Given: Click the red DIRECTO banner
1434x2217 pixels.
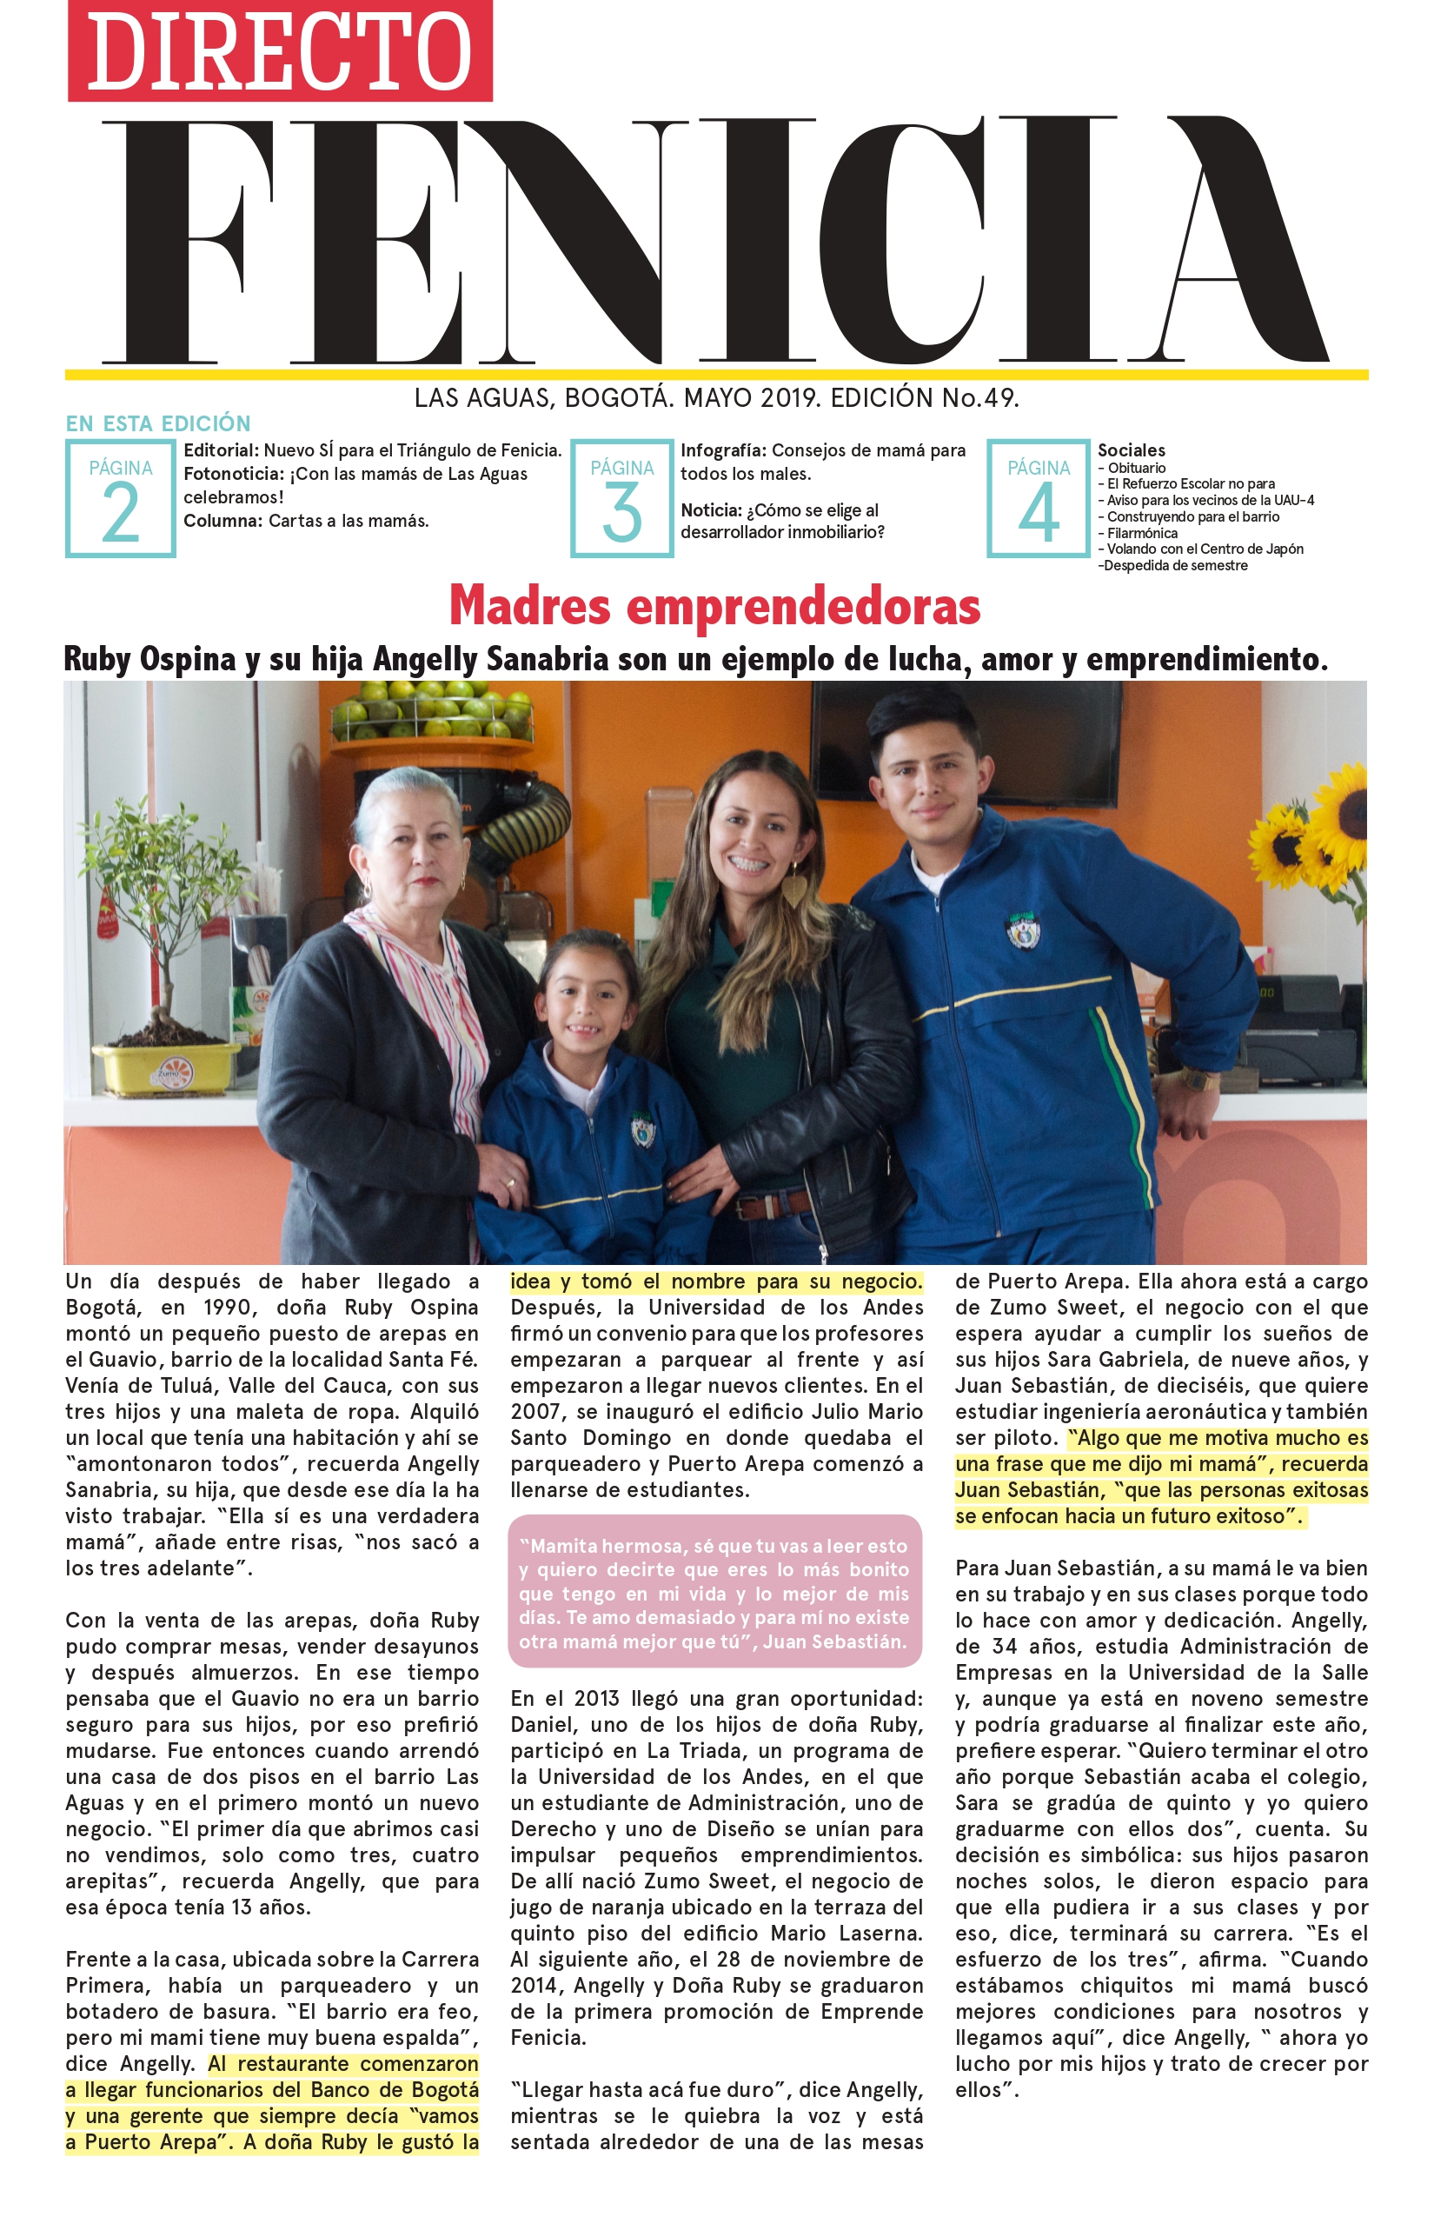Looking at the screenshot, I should pos(279,50).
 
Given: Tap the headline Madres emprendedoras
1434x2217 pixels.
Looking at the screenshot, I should pos(714,605).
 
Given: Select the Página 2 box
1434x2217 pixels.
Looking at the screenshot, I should pos(120,498).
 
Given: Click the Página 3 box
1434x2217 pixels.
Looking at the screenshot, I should pos(621,498).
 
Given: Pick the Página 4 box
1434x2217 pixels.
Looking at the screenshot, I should pos(1039,498).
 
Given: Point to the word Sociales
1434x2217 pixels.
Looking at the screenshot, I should pos(1131,450).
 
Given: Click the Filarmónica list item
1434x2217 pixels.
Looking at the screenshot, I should pos(1142,533).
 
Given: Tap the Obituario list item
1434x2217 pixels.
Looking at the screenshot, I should pos(1136,468).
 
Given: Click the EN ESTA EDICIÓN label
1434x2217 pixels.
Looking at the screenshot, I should pos(158,424).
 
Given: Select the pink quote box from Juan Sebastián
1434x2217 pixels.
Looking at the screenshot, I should pos(714,1592).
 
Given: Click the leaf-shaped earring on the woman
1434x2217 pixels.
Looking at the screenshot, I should pos(793,889).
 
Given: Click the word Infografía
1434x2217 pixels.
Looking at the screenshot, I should pos(722,450).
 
